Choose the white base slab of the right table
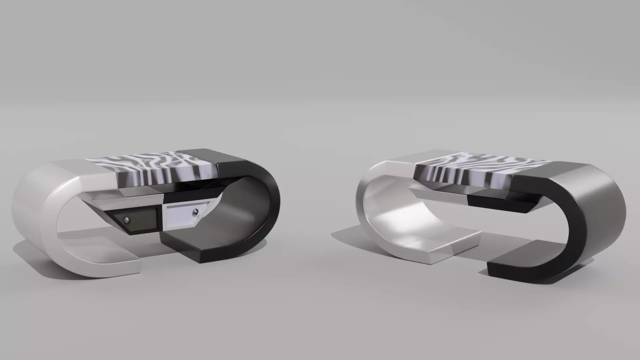[x=447, y=243]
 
